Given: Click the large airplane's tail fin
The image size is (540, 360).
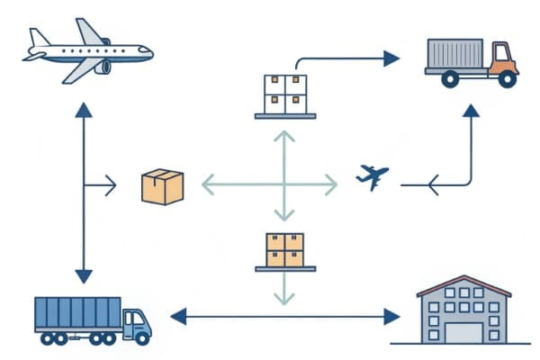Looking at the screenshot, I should click(x=39, y=38).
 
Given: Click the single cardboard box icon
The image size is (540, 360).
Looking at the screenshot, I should click(x=162, y=187).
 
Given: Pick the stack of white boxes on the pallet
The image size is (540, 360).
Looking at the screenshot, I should click(x=283, y=93).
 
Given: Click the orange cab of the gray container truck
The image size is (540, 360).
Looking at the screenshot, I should click(x=502, y=58).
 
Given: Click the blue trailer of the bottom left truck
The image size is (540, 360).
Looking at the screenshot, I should click(x=77, y=314).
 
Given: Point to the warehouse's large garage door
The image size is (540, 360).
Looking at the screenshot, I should click(x=464, y=331).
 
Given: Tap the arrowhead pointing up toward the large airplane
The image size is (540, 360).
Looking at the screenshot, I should click(x=84, y=111).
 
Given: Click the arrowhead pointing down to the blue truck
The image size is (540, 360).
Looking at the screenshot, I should click(x=84, y=275).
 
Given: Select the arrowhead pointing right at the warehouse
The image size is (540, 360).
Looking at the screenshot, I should click(x=391, y=316).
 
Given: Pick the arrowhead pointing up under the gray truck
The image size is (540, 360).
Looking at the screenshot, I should click(x=471, y=112).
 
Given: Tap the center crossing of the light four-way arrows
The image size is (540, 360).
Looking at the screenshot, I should click(x=284, y=185).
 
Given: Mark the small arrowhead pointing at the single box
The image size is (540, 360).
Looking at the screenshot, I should click(x=111, y=186).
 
